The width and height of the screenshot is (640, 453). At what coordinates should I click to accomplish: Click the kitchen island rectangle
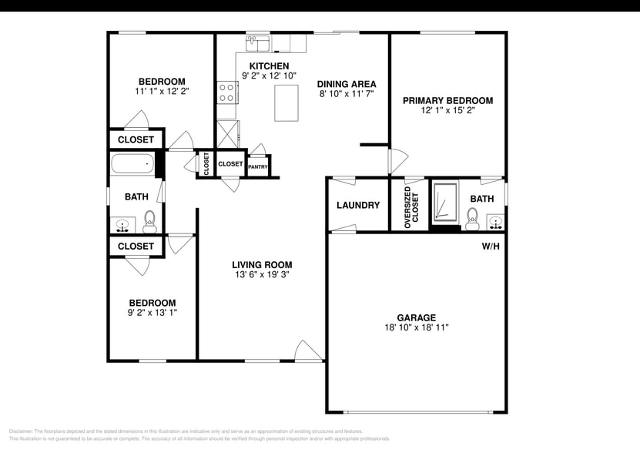pos(286,102)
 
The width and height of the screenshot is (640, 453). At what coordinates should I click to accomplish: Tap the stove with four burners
pos(227,92)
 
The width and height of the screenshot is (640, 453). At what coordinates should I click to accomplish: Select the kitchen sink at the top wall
pos(257,42)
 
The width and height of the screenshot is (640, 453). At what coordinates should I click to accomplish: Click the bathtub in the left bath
pos(132,164)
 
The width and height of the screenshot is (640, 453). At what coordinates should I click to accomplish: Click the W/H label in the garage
pos(491,247)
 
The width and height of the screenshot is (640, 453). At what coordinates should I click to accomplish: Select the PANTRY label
pos(258,166)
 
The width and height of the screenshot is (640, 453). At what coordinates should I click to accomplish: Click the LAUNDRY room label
pos(358,205)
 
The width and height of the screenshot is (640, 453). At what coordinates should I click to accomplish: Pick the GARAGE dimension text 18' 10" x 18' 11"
pos(417,327)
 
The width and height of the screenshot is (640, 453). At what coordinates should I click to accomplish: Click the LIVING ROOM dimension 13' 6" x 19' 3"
pos(263,274)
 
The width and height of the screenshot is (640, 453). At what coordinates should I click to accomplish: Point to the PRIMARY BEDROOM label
pos(447,100)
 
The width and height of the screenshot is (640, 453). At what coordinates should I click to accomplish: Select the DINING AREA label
pos(347,83)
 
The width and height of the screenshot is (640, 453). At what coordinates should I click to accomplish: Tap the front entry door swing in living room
pos(308,351)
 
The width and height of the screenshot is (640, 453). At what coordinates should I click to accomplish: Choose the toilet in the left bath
pos(149,221)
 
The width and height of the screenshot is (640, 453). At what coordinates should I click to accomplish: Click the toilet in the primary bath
pos(472,219)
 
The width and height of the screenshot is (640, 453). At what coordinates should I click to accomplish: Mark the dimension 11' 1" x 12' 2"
pos(162,91)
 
